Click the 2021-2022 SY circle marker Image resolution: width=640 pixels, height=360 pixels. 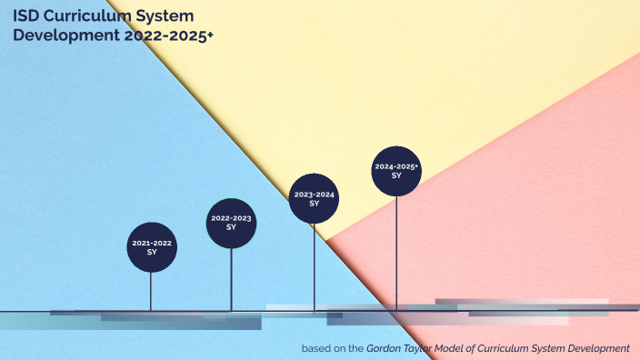click(x=151, y=247)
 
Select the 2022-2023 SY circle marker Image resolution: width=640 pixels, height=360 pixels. click(x=231, y=223)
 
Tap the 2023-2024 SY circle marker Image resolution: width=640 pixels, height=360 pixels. click(x=314, y=198)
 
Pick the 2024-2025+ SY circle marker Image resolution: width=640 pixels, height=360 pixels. click(x=396, y=171)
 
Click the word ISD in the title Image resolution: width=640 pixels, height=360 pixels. click(x=25, y=15)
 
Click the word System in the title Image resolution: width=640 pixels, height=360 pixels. click(x=165, y=15)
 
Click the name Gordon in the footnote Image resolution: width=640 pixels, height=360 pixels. click(x=387, y=348)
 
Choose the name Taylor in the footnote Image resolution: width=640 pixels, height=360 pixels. click(x=427, y=348)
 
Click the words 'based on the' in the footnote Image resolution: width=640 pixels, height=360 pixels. click(x=333, y=348)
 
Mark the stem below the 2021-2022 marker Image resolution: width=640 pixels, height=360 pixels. click(x=151, y=291)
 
